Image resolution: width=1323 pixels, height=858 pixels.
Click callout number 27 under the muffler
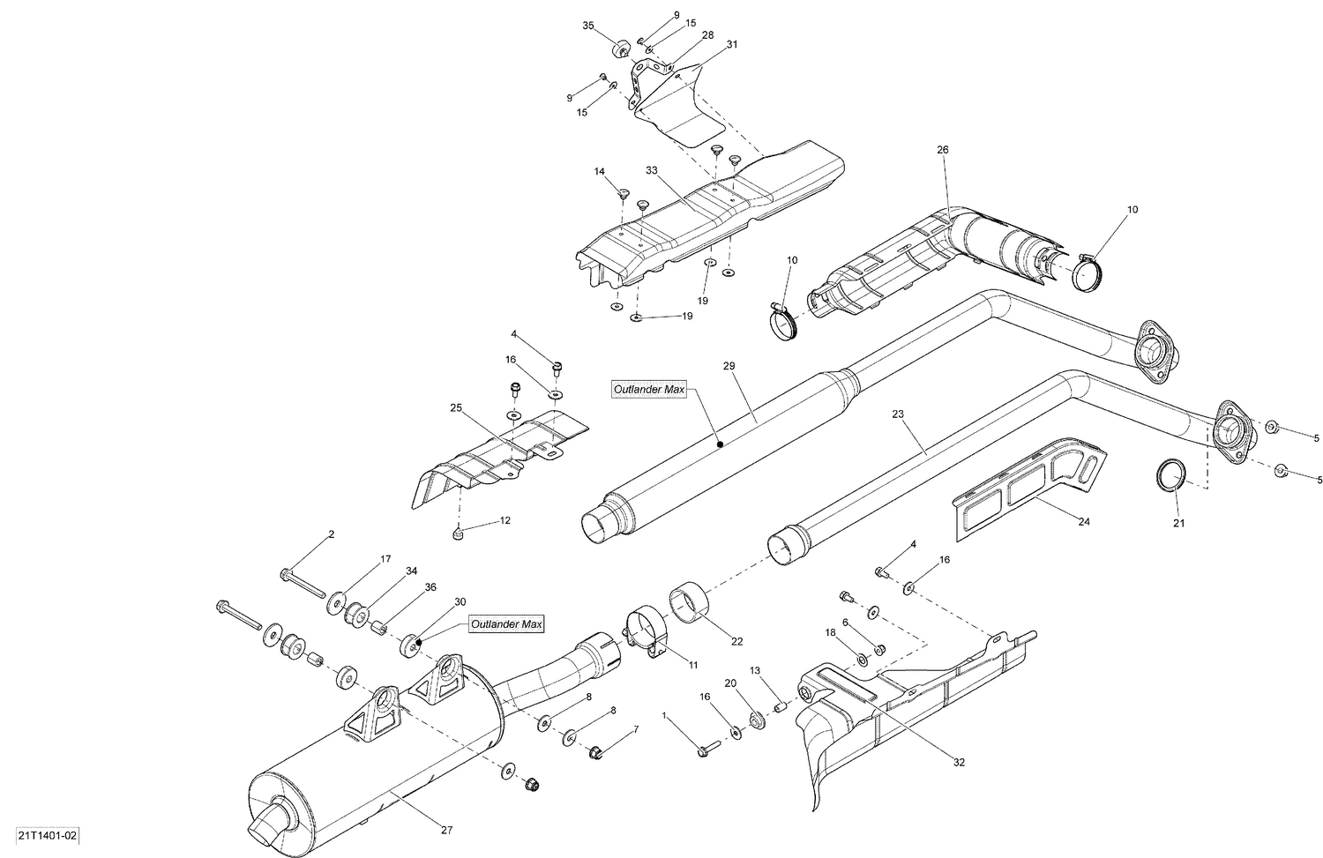(446, 829)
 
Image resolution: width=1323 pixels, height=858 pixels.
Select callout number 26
(942, 150)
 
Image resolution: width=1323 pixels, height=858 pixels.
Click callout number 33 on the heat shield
(652, 169)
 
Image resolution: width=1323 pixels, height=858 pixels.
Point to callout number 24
(1084, 522)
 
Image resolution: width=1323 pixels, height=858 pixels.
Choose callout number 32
(958, 762)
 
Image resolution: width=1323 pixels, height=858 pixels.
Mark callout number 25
(456, 408)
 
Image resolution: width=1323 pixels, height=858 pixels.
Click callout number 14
(599, 171)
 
